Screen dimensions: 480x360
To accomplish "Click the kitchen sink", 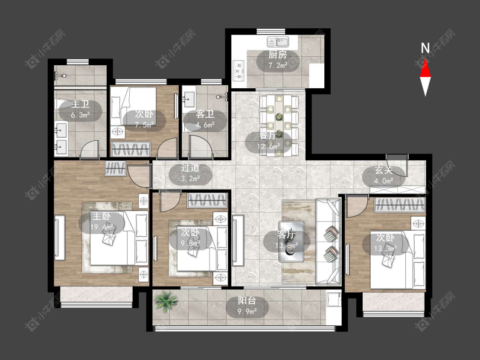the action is pyautogui.click(x=278, y=42).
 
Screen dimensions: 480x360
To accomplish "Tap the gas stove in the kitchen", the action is pyautogui.click(x=239, y=71).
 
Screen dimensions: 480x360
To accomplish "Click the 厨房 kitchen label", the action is pyautogui.click(x=278, y=55).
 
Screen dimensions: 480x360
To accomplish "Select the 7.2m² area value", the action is pyautogui.click(x=278, y=65).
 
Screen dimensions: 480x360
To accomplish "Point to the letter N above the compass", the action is pyautogui.click(x=425, y=48).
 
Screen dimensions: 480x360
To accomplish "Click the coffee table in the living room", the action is pyautogui.click(x=291, y=241).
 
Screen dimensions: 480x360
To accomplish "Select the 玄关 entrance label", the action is pyautogui.click(x=384, y=170).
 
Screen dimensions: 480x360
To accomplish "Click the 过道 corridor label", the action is pyautogui.click(x=190, y=168).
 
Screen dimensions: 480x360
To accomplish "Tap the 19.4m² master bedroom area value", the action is pyautogui.click(x=102, y=227).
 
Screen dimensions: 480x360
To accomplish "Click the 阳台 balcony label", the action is pyautogui.click(x=247, y=301).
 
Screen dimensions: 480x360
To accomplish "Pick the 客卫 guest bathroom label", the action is pyautogui.click(x=205, y=114).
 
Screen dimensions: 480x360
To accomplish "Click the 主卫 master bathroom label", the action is pyautogui.click(x=80, y=105).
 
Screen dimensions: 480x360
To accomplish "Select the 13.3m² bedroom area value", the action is pyautogui.click(x=385, y=248).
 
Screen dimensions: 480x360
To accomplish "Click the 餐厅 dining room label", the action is pyautogui.click(x=268, y=136).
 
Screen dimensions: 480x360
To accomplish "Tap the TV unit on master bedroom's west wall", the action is pyautogui.click(x=60, y=238).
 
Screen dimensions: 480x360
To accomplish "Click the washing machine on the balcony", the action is pyautogui.click(x=334, y=299).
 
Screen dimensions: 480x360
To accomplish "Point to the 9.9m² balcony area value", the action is pyautogui.click(x=247, y=312).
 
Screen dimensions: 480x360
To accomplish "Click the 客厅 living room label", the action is pyautogui.click(x=286, y=235).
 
